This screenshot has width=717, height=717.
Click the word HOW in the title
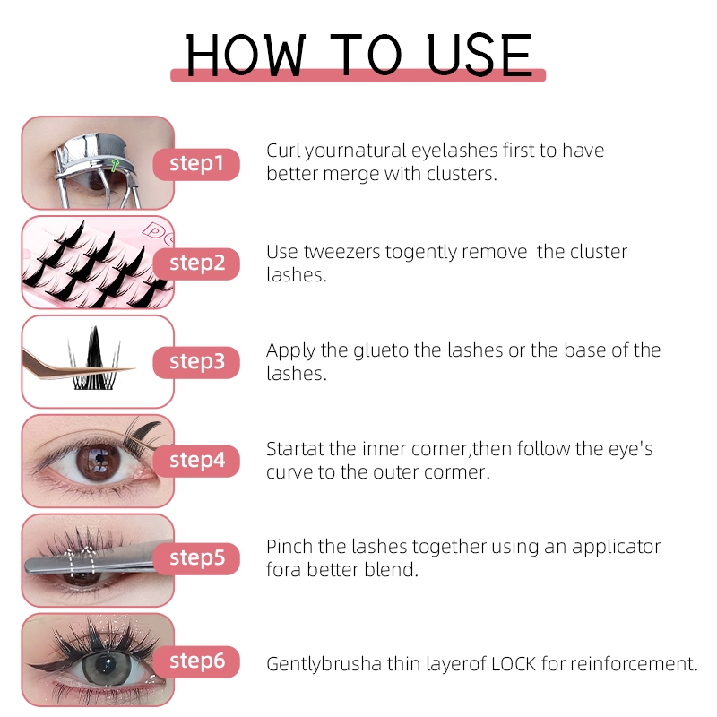pos(246,55)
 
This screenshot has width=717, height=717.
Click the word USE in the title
pos(479,55)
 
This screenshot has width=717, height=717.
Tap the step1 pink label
pos(196,164)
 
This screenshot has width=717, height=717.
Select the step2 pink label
pos(196,263)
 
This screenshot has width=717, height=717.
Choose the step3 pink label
pos(196,363)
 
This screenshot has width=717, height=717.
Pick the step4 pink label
pos(196,461)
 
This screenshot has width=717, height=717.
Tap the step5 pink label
pos(196,558)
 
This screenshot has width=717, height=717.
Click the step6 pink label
pos(196,661)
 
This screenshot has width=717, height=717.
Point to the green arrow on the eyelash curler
pos(115,165)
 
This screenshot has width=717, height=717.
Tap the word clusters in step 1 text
pos(462,174)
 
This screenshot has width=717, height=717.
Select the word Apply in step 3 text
pos(290,351)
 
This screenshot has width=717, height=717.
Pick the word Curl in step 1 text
pos(283,151)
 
